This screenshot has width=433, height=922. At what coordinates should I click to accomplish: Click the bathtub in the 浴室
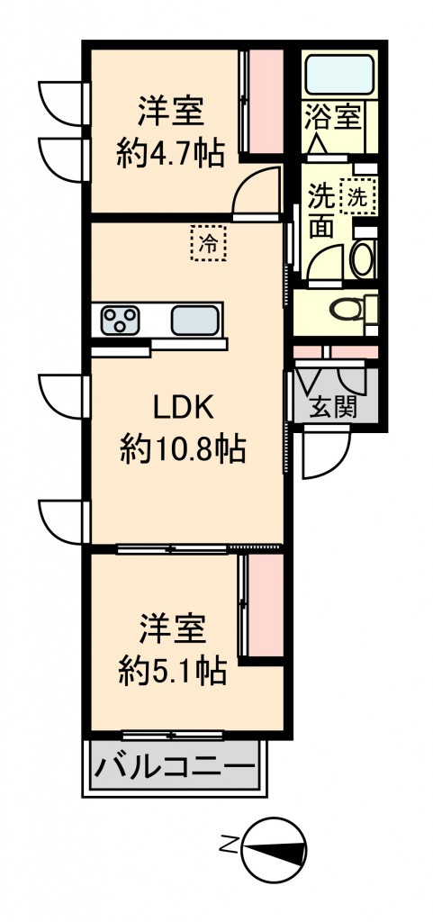[339, 74]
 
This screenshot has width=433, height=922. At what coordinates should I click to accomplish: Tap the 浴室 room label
[332, 116]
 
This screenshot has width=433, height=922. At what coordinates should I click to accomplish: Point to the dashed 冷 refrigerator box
[208, 243]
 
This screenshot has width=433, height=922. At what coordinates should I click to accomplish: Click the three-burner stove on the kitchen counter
[120, 321]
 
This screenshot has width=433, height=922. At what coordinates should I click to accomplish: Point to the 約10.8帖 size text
[183, 450]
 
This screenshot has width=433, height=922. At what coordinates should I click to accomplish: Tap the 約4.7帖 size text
[170, 155]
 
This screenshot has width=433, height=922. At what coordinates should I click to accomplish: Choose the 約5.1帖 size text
[172, 671]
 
